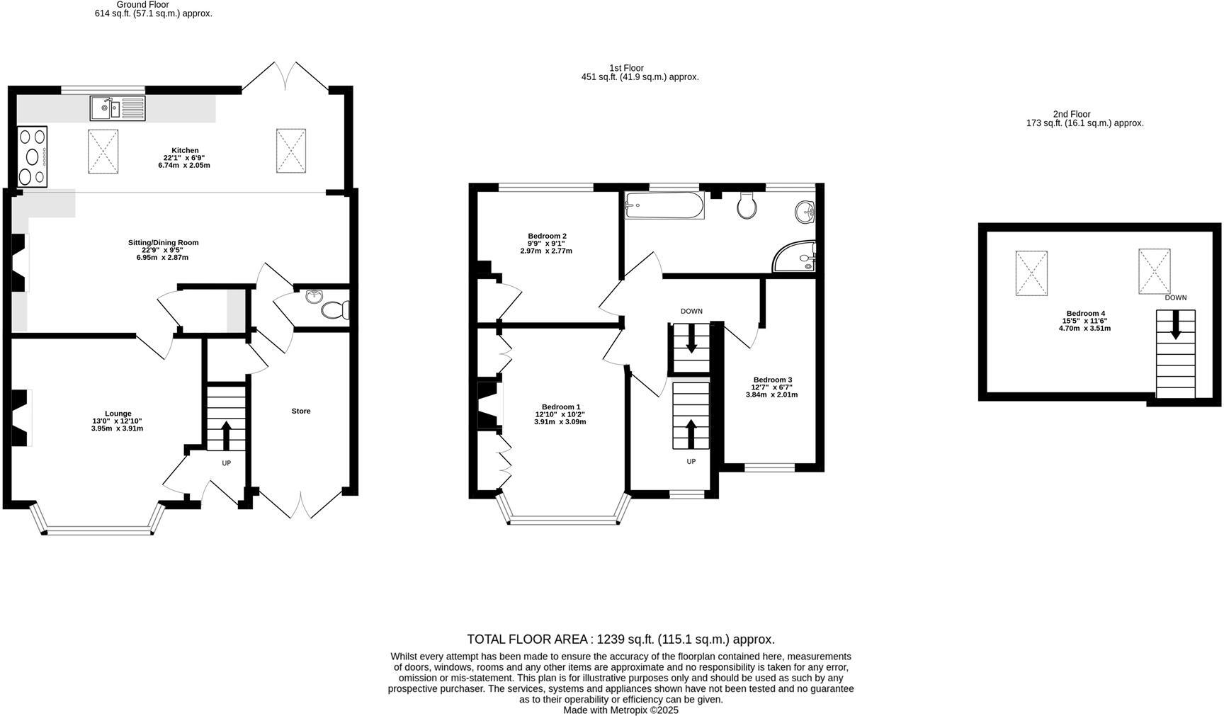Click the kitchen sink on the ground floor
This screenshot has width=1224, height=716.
point(117,109)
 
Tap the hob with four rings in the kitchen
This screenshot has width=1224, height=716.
point(32,157)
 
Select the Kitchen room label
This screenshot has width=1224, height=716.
point(185,150)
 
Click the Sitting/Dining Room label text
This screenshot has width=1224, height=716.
point(163,242)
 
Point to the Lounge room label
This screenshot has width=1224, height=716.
point(118,414)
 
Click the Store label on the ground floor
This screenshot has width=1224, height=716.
point(300,411)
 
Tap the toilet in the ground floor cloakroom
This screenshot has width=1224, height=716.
point(334,310)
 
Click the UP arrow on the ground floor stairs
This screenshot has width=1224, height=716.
point(226,435)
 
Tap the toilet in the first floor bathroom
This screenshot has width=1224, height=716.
point(747,206)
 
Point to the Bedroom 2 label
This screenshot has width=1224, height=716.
point(547,236)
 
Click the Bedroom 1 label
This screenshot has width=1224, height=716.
point(561,407)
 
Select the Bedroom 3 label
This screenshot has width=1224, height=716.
point(772,380)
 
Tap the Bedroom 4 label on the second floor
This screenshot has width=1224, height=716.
point(1085,313)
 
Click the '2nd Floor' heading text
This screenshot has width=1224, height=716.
point(1071,114)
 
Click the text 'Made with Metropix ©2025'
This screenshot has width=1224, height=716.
point(620,710)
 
